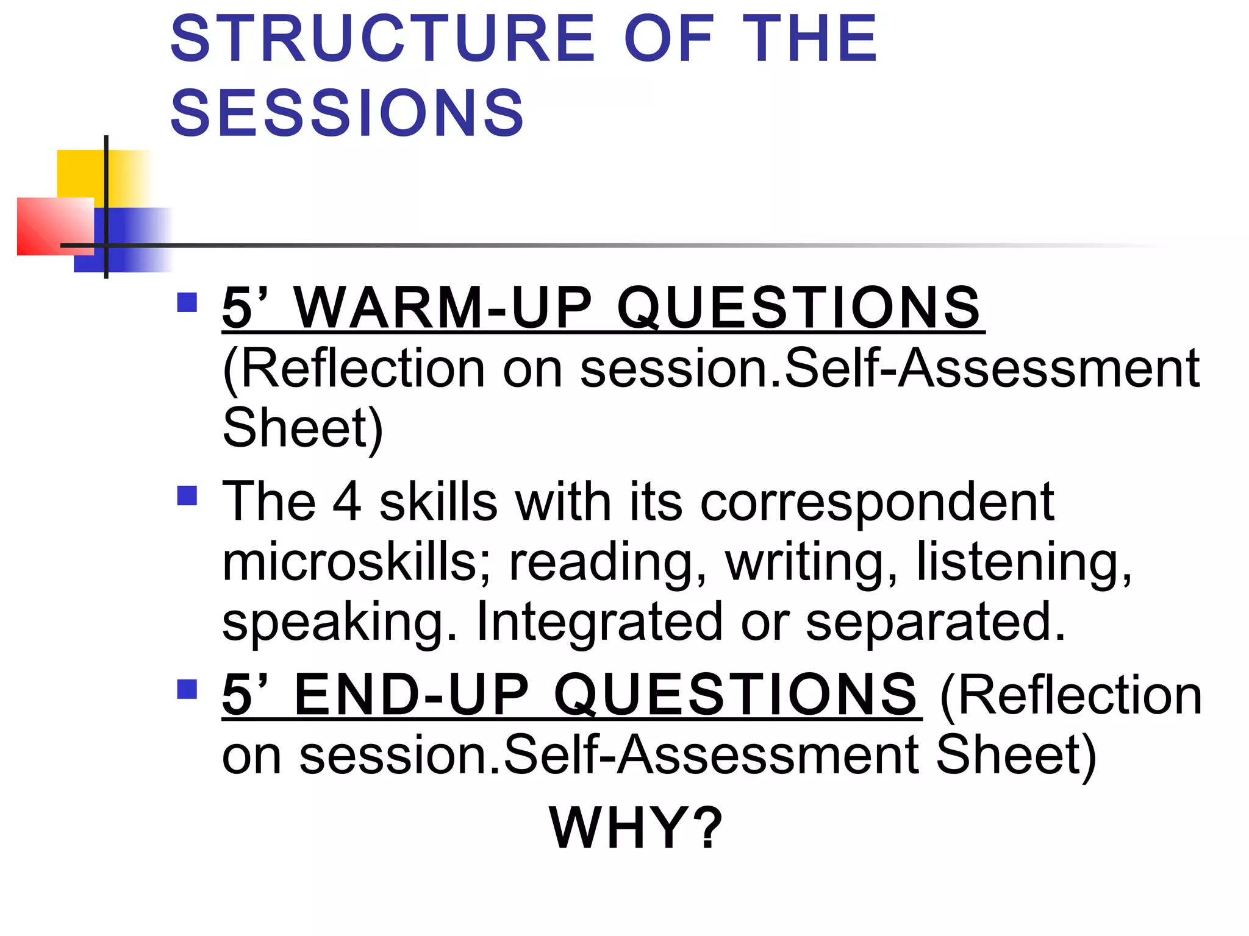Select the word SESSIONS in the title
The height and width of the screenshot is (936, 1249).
(347, 113)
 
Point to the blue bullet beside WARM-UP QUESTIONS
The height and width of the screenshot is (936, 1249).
(187, 303)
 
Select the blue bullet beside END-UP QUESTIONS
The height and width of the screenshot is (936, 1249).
(187, 689)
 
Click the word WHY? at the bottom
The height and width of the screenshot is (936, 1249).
(636, 828)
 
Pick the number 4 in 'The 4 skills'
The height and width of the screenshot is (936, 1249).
(347, 502)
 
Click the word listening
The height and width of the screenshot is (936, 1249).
(1024, 564)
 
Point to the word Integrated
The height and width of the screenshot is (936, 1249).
(599, 622)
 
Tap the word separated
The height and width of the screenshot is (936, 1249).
(936, 623)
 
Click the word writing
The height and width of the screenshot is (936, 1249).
(812, 564)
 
